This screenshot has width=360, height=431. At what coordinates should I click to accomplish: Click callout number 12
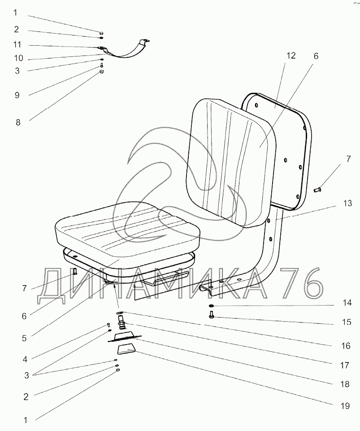291,56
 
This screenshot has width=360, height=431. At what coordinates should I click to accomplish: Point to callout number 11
17,45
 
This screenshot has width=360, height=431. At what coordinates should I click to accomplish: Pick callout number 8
18,122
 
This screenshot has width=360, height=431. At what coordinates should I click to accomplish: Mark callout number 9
17,95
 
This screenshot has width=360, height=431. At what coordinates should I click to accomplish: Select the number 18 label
344,384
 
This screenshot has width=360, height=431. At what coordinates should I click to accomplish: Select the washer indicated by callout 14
211,306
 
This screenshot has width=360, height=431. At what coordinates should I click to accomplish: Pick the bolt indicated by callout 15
211,316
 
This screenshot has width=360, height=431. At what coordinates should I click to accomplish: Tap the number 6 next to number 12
316,56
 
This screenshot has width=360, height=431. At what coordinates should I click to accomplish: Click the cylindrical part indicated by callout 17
121,321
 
